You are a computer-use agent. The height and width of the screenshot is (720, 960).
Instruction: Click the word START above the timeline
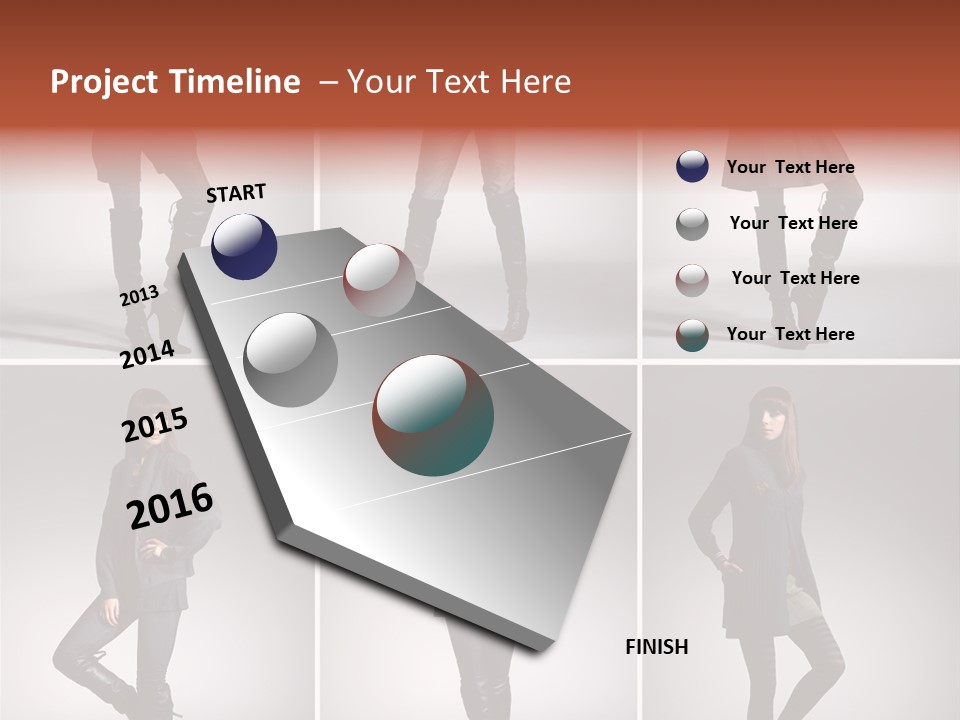pyautogui.click(x=236, y=193)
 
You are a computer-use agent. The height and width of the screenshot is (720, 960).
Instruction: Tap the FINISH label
pyautogui.click(x=656, y=647)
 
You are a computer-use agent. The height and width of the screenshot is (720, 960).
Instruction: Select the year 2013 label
pyautogui.click(x=140, y=296)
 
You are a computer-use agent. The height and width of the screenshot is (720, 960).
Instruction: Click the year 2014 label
pyautogui.click(x=148, y=354)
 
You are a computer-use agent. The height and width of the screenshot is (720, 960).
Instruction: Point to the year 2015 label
pyautogui.click(x=155, y=425)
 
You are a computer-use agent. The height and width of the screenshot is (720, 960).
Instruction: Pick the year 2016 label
pyautogui.click(x=171, y=505)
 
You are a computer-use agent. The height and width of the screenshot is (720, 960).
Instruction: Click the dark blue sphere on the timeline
pyautogui.click(x=244, y=246)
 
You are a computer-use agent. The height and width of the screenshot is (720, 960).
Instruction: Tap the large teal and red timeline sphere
pyautogui.click(x=433, y=414)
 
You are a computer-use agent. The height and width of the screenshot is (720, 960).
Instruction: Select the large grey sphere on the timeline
pyautogui.click(x=291, y=359)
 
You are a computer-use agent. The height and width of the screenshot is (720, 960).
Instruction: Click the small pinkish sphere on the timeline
pyautogui.click(x=379, y=280)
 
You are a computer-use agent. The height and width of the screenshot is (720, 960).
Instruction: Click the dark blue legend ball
pyautogui.click(x=692, y=166)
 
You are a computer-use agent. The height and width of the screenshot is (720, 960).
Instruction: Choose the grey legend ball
pyautogui.click(x=692, y=224)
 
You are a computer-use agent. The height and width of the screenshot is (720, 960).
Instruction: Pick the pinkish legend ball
pyautogui.click(x=692, y=279)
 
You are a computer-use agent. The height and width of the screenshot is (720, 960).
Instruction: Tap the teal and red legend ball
pyautogui.click(x=692, y=335)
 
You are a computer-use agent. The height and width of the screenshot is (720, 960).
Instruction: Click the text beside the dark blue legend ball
pyautogui.click(x=790, y=167)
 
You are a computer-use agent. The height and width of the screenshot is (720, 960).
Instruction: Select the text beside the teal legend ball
pyautogui.click(x=790, y=334)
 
